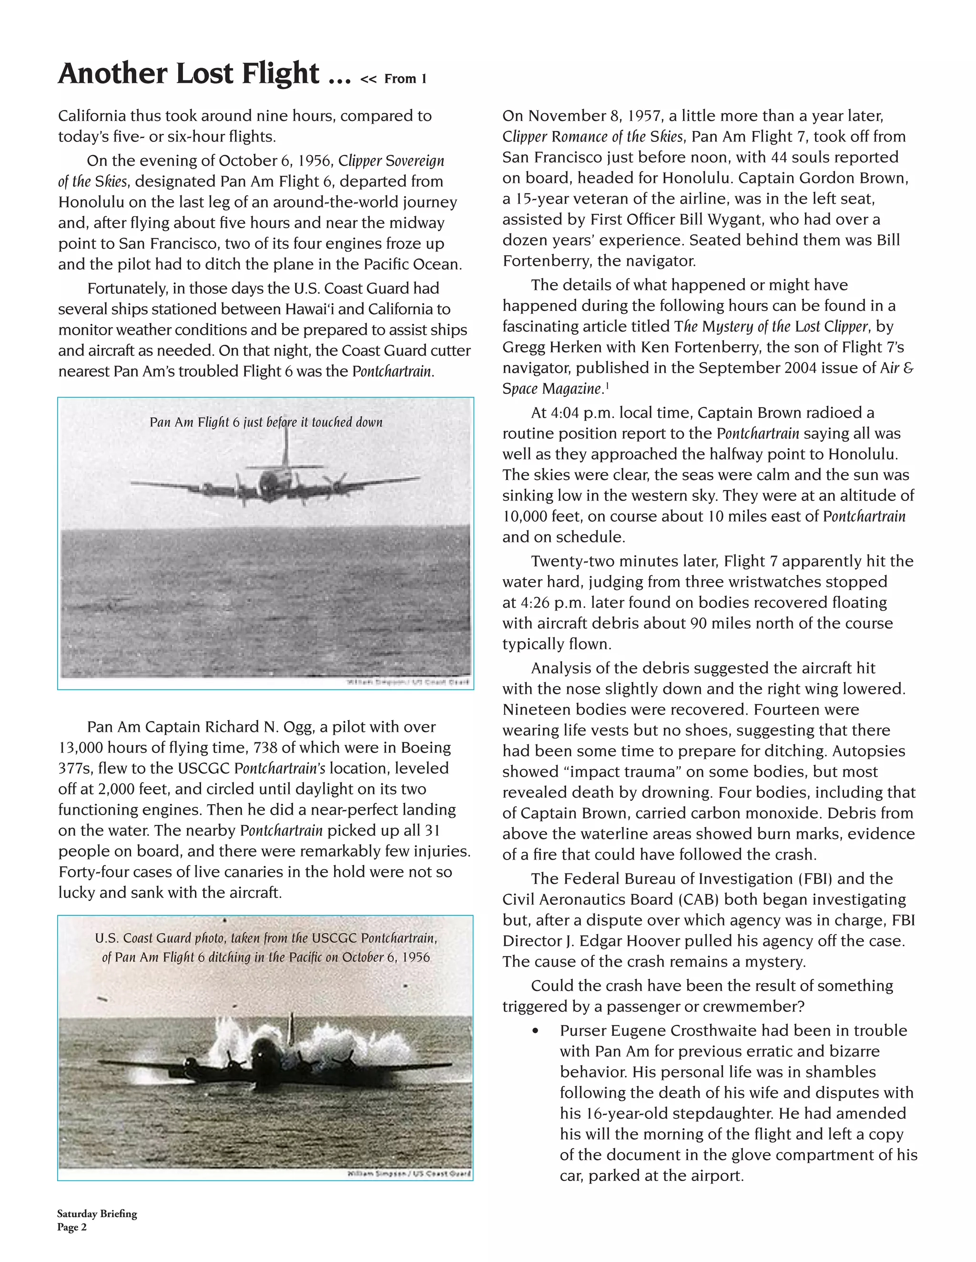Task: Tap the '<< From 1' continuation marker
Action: coord(393,79)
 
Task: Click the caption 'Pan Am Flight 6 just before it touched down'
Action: coord(266,422)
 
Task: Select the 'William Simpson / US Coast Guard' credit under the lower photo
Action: coord(409,1173)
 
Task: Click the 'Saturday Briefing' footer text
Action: coord(97,1213)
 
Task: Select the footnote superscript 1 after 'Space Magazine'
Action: coord(605,384)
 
